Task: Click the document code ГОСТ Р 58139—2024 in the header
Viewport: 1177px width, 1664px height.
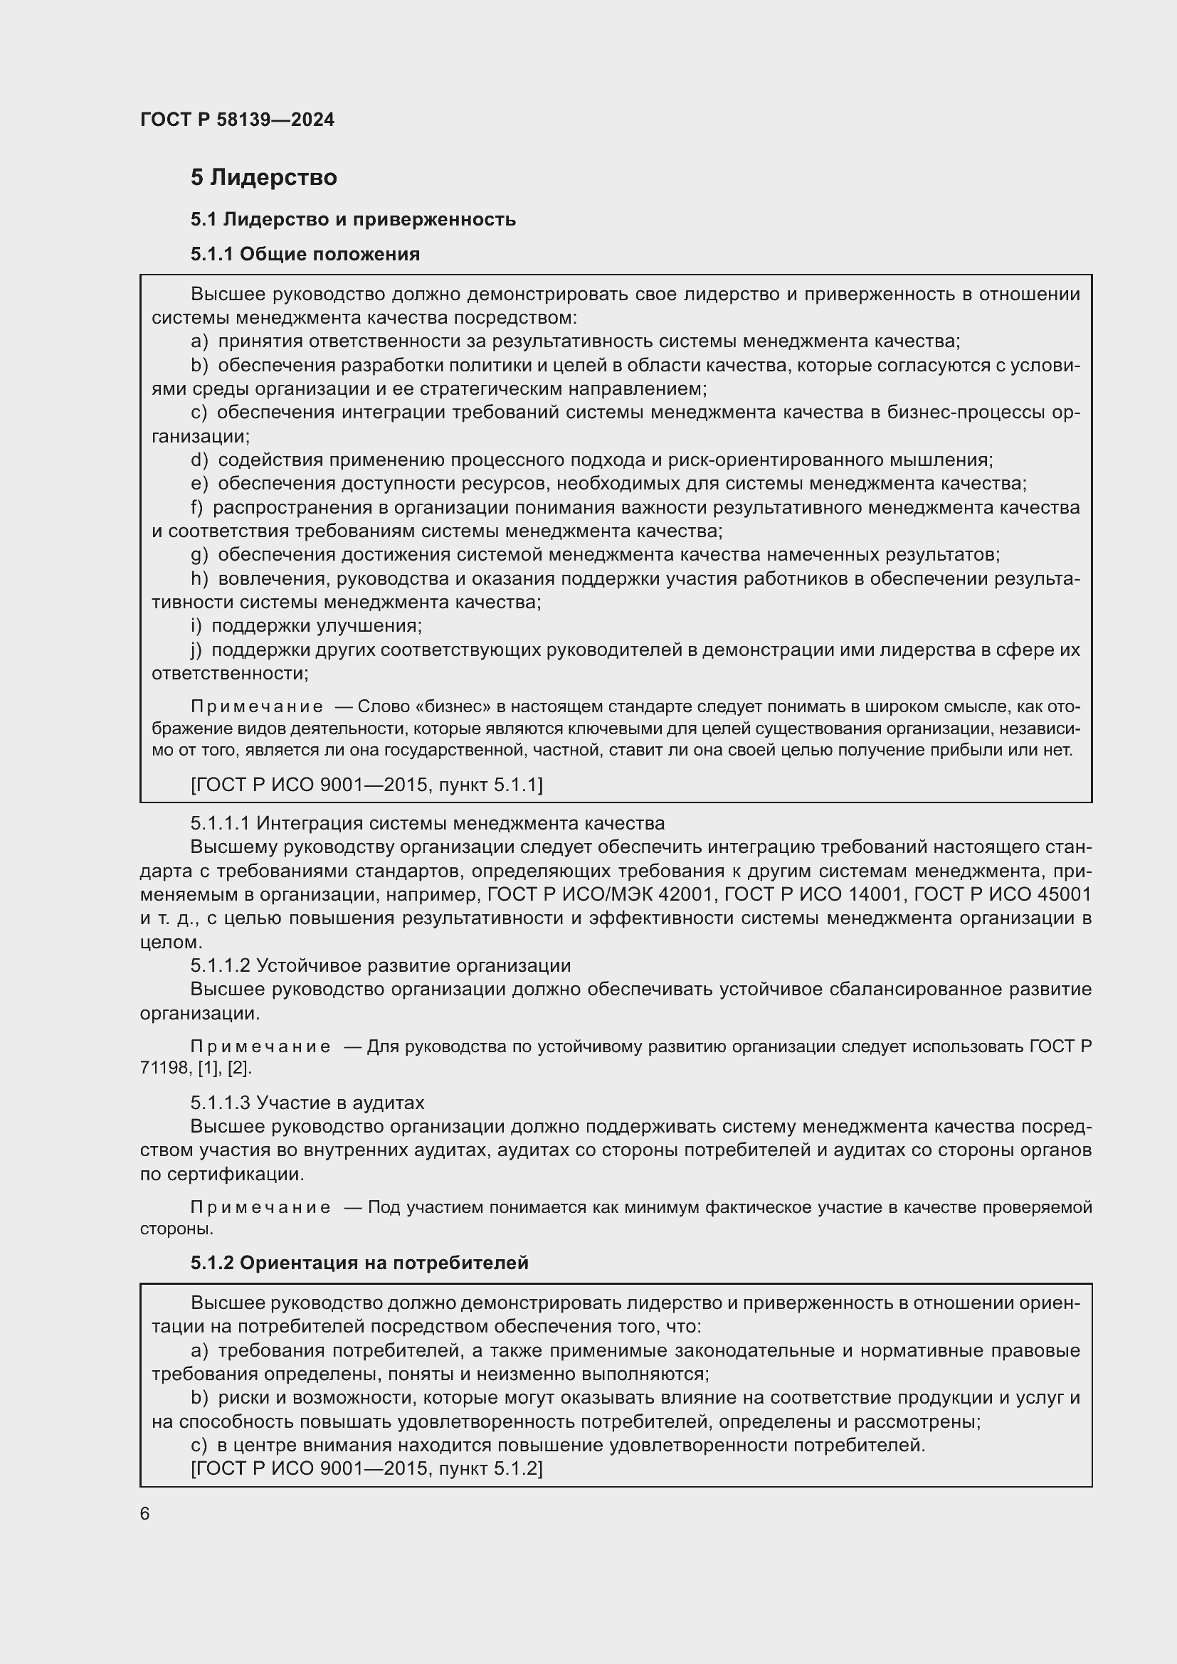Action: click(x=237, y=120)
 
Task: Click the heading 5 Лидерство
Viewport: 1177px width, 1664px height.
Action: click(x=264, y=178)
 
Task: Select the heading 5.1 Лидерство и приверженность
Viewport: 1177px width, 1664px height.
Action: click(x=353, y=219)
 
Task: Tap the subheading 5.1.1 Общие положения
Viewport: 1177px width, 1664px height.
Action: click(x=305, y=254)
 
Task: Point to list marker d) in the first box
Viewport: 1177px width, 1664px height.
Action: click(x=199, y=460)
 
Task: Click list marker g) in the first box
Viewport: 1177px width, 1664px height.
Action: click(x=199, y=554)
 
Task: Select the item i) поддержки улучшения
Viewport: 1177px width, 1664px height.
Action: click(x=307, y=625)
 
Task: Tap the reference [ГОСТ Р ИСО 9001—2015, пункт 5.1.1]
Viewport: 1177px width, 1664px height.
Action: click(x=366, y=784)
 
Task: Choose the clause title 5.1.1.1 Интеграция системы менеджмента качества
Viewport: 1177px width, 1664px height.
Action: click(x=428, y=823)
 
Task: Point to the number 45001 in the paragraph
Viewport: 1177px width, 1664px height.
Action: click(x=1065, y=894)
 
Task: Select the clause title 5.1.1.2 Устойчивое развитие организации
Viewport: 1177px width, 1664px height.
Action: click(x=381, y=965)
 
